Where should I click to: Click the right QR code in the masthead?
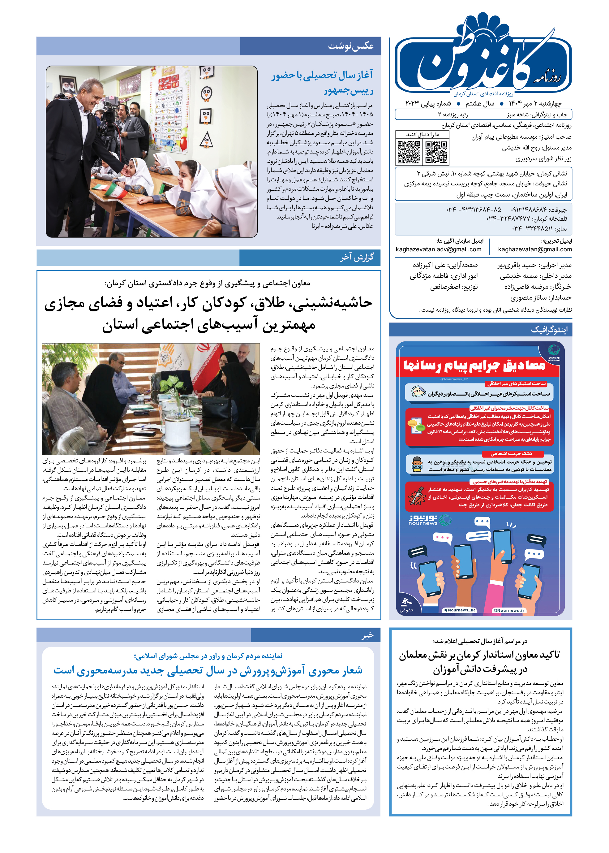[x=436, y=152]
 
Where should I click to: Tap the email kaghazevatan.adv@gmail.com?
[x=438, y=249]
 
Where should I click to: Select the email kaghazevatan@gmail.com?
[x=535, y=249]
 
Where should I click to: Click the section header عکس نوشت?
[x=351, y=46]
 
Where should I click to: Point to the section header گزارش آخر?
[x=357, y=258]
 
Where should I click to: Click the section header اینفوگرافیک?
[x=549, y=330]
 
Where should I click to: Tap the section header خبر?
[x=367, y=635]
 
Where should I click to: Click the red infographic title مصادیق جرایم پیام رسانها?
[x=474, y=366]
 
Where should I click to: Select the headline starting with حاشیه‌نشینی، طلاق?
[x=208, y=313]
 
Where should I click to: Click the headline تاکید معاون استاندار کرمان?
[x=480, y=662]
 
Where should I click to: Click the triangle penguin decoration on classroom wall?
[x=206, y=140]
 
